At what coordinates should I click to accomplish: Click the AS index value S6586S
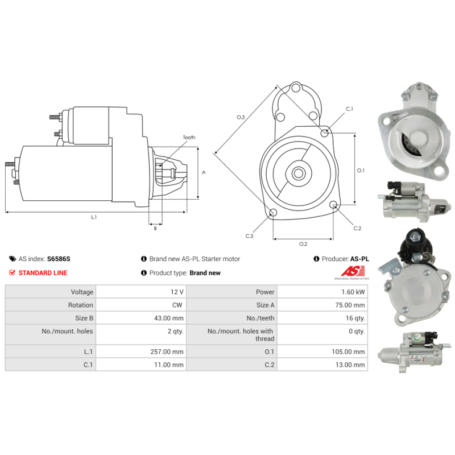point(59,259)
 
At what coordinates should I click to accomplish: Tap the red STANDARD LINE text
point(43,273)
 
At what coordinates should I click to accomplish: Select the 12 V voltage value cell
point(177,292)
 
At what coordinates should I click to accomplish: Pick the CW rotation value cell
point(177,305)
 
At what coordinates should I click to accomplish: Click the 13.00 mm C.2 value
point(350,365)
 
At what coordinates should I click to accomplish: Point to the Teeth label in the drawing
point(189,138)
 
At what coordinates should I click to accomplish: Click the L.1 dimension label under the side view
point(94,217)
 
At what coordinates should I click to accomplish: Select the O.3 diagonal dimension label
point(241,117)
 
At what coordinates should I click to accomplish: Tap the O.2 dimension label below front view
point(303,244)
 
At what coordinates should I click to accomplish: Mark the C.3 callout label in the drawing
point(249,235)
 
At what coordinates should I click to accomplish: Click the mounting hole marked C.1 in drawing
point(324,133)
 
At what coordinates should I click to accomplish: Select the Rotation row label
point(81,305)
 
